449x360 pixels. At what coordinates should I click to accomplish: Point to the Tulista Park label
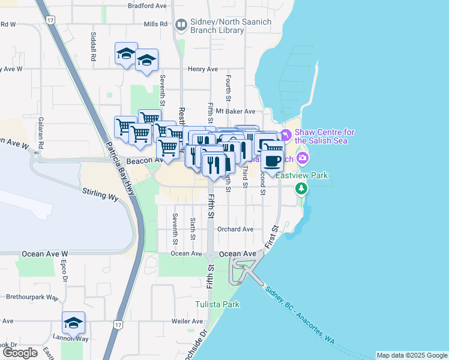pos(217,304)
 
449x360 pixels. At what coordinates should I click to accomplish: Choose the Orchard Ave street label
pos(236,229)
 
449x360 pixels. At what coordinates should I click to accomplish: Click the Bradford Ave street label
pos(147,5)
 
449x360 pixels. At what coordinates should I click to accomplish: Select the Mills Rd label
pos(155,24)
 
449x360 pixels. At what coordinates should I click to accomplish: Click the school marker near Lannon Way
pos(73,322)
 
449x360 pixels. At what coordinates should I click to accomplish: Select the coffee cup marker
pos(272,161)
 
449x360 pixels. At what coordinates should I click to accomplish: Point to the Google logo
pos(20,353)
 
